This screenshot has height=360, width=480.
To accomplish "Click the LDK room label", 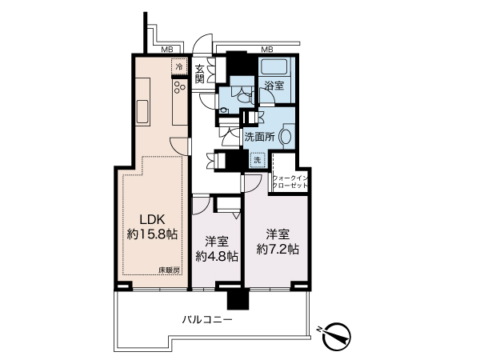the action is [153, 219].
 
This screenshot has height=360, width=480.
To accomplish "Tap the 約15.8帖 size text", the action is [152, 234].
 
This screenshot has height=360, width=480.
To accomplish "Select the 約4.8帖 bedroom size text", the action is [217, 257].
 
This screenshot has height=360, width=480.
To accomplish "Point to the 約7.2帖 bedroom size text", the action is [278, 249].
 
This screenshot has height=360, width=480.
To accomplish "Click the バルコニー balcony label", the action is [207, 320].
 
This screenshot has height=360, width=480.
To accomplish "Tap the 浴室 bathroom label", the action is [274, 86].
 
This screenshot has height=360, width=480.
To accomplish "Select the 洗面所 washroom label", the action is [259, 137].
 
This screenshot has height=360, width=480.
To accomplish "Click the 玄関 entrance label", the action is [199, 74].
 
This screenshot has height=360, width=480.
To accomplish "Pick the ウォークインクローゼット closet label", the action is [290, 182].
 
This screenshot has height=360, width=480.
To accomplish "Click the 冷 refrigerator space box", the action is [179, 66].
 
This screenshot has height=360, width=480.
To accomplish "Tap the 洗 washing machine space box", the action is [258, 160].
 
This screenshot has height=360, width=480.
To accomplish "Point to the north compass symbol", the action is [336, 336].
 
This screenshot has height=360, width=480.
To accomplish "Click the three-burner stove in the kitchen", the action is [180, 87].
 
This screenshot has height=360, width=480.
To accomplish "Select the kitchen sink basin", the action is [142, 111].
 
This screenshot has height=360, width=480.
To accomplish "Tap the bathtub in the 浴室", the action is [274, 69].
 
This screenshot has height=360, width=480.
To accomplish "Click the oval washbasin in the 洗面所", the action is [286, 137].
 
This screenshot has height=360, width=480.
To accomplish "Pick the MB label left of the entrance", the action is [167, 50].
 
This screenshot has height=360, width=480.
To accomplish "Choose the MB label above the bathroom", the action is [267, 50].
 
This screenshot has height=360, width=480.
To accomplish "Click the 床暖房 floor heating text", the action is [169, 270].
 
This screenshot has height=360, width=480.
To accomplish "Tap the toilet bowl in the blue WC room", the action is [244, 98].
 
